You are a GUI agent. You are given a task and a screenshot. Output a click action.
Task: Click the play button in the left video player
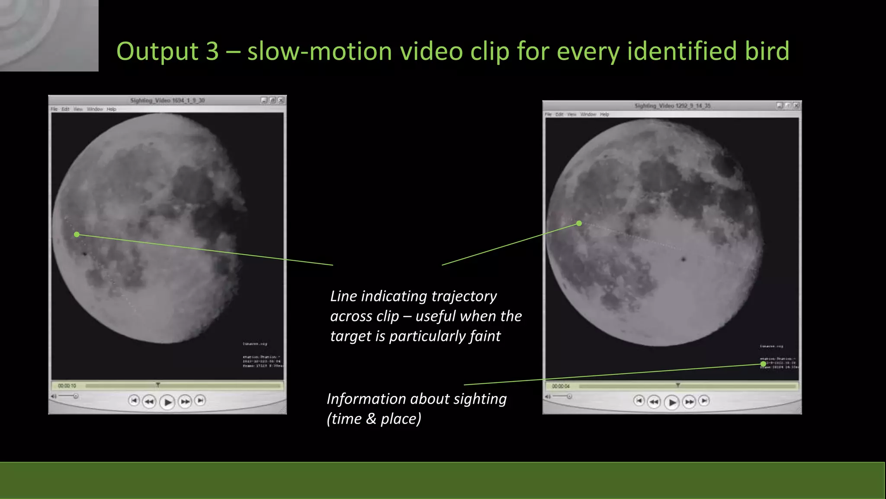coord(167,402)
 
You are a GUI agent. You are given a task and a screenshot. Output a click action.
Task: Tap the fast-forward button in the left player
coord(185,402)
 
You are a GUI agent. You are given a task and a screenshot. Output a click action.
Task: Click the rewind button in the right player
coord(653,402)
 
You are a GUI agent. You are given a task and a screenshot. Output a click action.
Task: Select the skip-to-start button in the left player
coord(134,401)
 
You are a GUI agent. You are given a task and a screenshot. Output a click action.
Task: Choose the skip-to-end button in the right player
coord(704,401)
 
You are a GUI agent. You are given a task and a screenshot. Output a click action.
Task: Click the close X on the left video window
coord(281,100)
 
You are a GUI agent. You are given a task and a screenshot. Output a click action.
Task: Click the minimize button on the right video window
coord(779,106)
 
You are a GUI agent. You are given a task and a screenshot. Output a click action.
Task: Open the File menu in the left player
coord(54,109)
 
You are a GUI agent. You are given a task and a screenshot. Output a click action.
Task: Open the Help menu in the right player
coord(604,114)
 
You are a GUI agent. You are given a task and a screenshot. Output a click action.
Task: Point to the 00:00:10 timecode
coord(67,386)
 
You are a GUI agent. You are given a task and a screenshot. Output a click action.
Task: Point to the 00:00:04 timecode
coord(561,386)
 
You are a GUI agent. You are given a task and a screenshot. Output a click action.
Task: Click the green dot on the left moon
coord(77,234)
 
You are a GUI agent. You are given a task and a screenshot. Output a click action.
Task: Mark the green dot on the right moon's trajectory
coord(579,224)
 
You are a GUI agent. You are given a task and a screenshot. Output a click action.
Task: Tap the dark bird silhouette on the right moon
coord(684,259)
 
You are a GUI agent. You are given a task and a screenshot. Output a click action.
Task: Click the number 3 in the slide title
coord(212,51)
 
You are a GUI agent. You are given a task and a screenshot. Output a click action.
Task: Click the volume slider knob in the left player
coord(76,396)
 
